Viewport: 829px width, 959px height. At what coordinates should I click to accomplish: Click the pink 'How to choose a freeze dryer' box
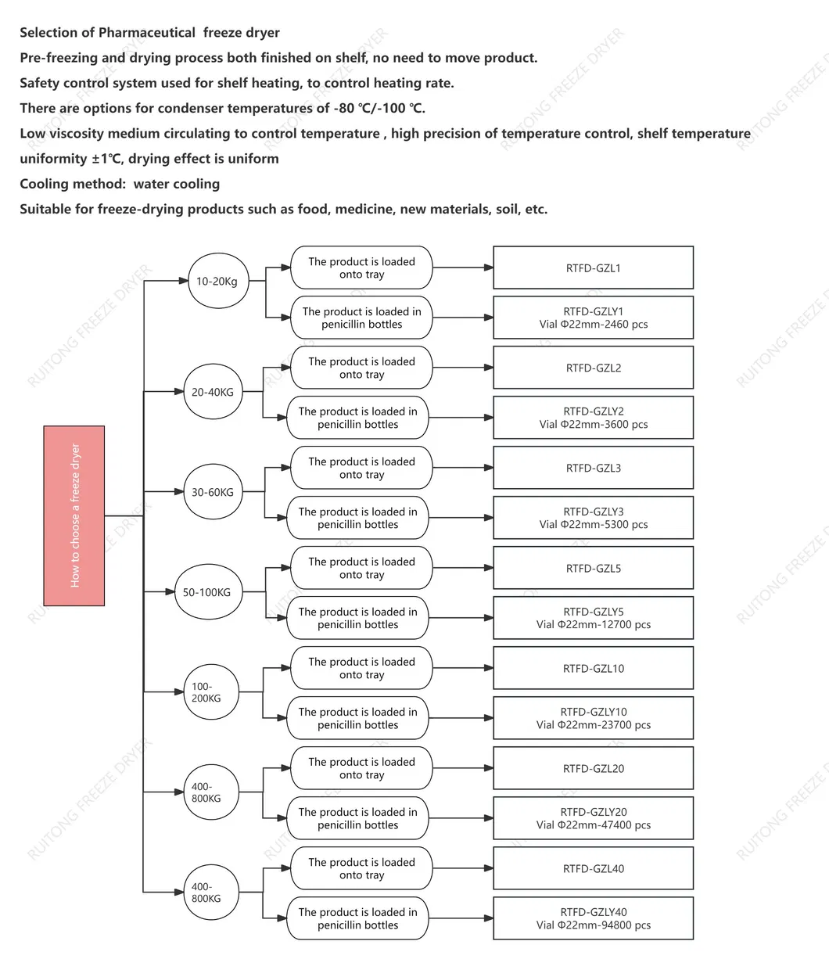click(x=74, y=515)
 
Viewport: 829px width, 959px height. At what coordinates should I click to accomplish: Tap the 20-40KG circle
click(x=213, y=392)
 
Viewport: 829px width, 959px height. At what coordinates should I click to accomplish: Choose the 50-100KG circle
click(x=207, y=592)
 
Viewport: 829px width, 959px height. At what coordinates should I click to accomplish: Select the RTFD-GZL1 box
click(x=593, y=268)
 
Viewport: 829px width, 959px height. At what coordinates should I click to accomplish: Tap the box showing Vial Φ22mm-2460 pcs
click(x=593, y=318)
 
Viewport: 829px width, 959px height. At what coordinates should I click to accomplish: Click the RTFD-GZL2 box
click(x=593, y=368)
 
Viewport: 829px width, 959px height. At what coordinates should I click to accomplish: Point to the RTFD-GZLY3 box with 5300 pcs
click(x=593, y=518)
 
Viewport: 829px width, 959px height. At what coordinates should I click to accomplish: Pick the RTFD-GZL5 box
click(x=593, y=568)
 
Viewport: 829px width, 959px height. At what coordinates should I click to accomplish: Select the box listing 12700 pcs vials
click(x=593, y=618)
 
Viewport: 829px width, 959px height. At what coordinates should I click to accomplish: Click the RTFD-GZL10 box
click(x=593, y=668)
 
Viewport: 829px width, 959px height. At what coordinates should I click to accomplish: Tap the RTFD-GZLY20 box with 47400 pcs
click(x=593, y=818)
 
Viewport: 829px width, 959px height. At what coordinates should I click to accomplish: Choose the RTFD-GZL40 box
click(x=593, y=868)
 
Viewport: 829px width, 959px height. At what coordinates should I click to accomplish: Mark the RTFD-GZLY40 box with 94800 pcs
click(x=593, y=918)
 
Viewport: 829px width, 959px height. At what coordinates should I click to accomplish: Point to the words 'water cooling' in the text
click(x=177, y=184)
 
